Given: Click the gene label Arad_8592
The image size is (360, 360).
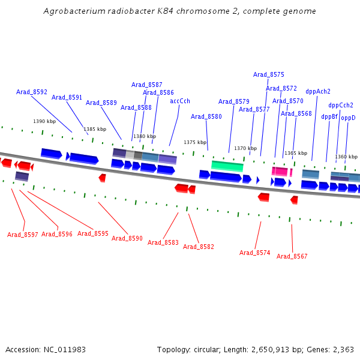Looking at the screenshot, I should pos(32,92).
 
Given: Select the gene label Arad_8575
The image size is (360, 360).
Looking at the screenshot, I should pos(269,75).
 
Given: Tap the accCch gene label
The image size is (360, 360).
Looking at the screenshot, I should pos(180,101).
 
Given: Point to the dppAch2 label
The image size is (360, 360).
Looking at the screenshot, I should pos(318,92).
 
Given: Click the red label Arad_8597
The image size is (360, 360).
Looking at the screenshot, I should pos(23,235).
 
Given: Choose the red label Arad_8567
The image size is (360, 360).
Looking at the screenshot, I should pos(292,256).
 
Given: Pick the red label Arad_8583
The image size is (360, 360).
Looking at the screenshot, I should pos(163,242).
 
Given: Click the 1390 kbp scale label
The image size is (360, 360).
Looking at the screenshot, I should pos(44,121).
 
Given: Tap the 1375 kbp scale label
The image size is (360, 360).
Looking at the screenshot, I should pos(195,142).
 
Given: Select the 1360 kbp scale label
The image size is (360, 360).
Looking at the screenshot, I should pos(346,157).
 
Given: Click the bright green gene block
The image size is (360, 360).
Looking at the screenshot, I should pos(227,166).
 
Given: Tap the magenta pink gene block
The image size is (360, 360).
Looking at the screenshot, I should pos(280,172).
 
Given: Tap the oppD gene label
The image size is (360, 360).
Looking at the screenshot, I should pos(349,118).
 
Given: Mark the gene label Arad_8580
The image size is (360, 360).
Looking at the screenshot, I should pos(206,116).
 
